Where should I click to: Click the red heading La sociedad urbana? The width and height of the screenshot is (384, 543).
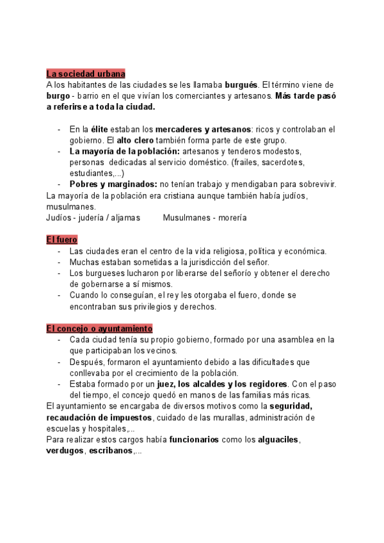(86, 74)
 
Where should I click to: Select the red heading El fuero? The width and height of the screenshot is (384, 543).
(61, 240)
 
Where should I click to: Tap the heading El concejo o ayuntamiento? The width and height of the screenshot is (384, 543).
(99, 328)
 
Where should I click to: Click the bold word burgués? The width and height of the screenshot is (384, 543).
(242, 85)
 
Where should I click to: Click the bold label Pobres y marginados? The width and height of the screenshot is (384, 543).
(113, 184)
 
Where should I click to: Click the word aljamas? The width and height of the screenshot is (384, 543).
(125, 218)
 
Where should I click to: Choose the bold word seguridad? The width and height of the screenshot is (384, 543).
(291, 407)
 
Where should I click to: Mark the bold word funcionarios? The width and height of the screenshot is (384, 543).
(194, 440)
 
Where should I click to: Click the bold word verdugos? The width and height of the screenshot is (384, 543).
(65, 451)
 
